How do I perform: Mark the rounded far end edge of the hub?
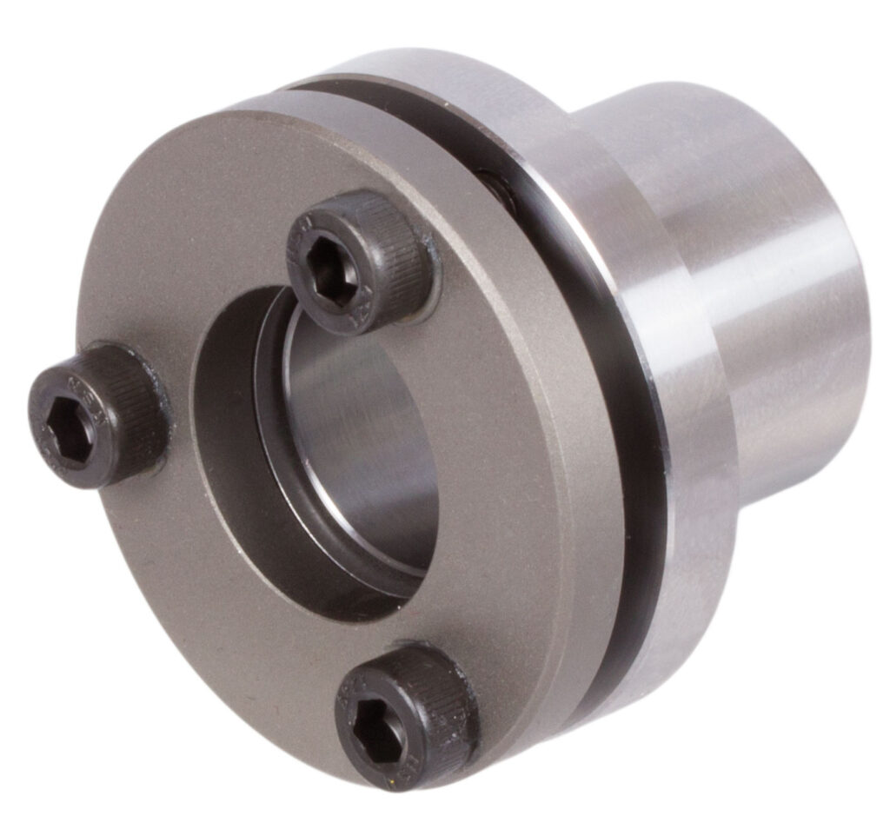click(856, 348)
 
